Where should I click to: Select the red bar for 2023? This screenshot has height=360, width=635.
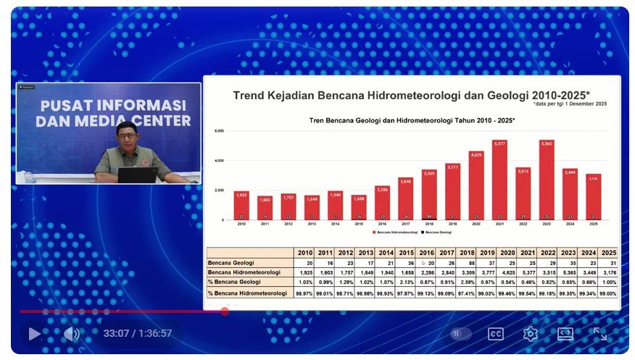[x=547, y=181]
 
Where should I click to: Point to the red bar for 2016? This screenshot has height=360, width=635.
[x=382, y=203]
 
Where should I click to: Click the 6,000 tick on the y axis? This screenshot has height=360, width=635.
[x=219, y=131]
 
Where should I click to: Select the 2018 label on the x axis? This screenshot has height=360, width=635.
[x=429, y=224]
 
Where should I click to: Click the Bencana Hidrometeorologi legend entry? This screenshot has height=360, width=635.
[x=395, y=233]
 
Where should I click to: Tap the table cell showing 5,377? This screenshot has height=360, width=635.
[x=528, y=272]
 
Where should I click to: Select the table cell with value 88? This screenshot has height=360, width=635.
[x=468, y=262]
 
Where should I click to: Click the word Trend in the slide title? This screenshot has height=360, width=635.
[x=246, y=96]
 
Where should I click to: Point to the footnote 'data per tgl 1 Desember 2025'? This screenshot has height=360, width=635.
[x=570, y=104]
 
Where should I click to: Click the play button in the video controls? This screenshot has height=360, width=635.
[x=34, y=333]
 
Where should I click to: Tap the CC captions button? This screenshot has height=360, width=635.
[x=496, y=334]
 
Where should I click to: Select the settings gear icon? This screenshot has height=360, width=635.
[x=531, y=334]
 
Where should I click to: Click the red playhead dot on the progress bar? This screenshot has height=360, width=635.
[x=225, y=311]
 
